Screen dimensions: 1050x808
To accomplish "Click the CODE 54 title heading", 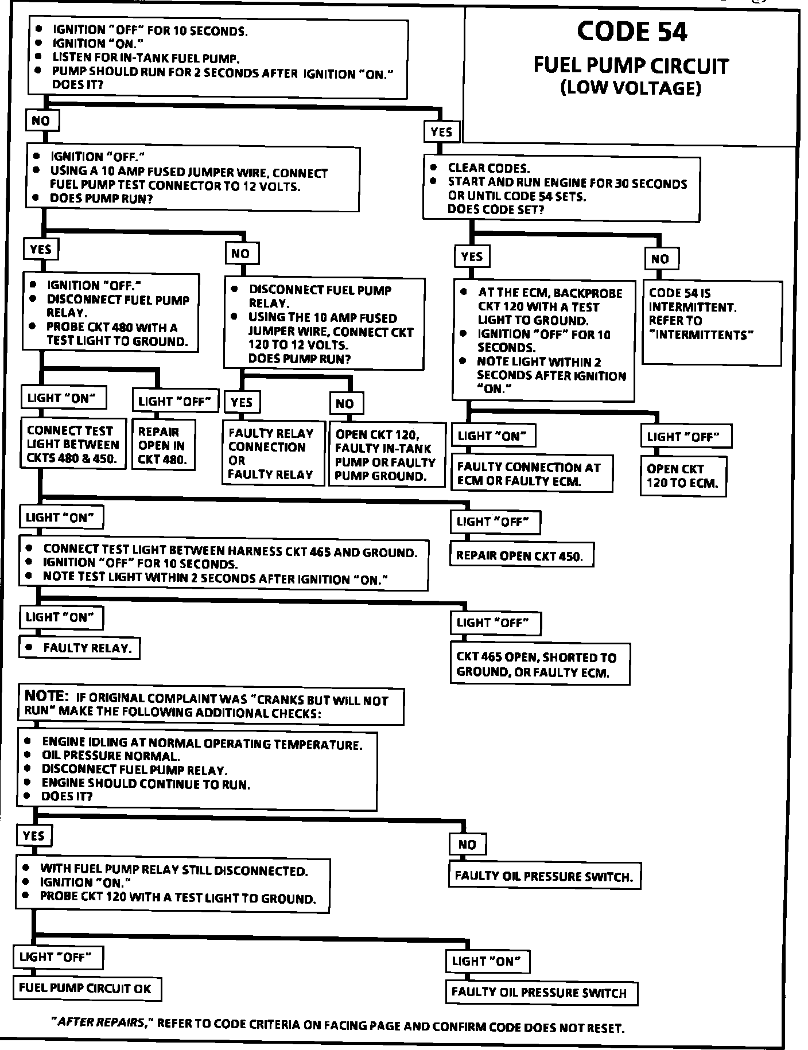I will click(631, 32).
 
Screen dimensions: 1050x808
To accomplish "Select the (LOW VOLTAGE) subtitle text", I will click(631, 88).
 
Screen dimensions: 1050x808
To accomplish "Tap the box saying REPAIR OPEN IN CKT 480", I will click(163, 445).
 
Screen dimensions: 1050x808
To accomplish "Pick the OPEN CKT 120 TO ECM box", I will click(683, 476).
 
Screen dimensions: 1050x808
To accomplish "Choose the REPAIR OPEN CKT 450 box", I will click(521, 555).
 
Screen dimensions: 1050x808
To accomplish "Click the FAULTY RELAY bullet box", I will click(80, 648).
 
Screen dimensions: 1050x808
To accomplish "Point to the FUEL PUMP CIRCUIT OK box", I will click(86, 988).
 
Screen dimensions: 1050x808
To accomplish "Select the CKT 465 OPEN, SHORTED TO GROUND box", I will click(539, 664).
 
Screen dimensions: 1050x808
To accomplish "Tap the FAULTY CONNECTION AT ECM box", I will click(531, 474).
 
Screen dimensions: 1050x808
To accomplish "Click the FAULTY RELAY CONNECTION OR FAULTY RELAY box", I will click(273, 453).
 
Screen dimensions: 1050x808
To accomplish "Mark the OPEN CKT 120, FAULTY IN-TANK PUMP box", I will click(387, 454).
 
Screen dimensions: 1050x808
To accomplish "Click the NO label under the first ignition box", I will click(41, 121).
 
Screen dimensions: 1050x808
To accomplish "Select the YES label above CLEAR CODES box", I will click(441, 132).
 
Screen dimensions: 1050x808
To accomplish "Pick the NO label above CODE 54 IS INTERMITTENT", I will click(661, 259).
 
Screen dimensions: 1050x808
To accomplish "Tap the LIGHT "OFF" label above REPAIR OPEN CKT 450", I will click(495, 522).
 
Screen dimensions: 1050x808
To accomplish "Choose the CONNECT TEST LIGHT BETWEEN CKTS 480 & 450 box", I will click(73, 444).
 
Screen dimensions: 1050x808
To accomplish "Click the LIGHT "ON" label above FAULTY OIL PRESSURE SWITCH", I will click(487, 961).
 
